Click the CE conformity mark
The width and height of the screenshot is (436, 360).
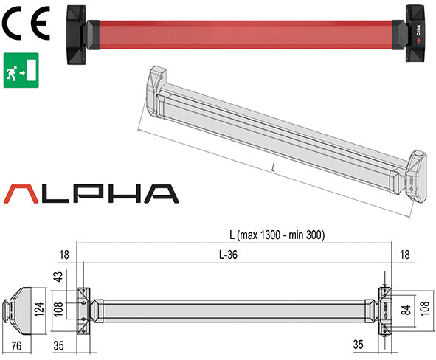[x=25, y=24]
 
